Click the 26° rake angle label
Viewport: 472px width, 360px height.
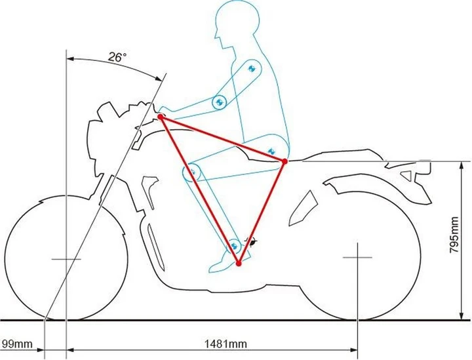coord(117,57)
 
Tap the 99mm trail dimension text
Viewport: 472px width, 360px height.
coord(17,344)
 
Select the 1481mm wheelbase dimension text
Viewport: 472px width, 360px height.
coord(226,344)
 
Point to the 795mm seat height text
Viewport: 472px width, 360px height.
coord(454,235)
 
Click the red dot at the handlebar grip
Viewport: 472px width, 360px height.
coord(161,117)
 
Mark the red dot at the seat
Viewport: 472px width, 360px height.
coord(285,161)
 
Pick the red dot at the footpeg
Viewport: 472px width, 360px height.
coord(239,264)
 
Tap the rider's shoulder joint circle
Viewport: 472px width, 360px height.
coord(252,68)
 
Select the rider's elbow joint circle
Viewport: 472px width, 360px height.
coord(220,102)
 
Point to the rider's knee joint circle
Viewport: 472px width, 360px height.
coord(193,172)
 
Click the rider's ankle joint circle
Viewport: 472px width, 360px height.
coord(234,246)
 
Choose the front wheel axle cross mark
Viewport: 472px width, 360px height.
coord(66,259)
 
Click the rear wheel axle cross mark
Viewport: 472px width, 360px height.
coord(358,257)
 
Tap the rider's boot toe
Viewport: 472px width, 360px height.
coord(213,268)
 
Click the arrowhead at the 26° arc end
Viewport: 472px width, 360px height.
coord(159,78)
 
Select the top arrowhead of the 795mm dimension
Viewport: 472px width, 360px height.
coord(461,165)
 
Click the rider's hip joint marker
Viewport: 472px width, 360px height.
coord(271,151)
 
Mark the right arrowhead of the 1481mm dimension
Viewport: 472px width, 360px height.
coord(354,350)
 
